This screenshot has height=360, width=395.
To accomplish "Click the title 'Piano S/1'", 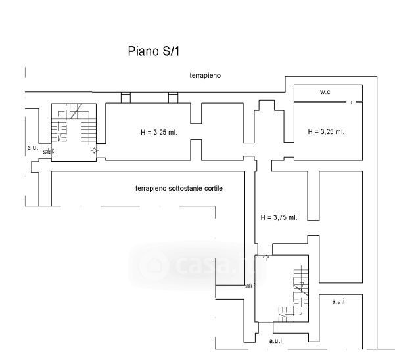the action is pyautogui.click(x=152, y=51).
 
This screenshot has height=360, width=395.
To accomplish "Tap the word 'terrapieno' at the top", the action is pyautogui.click(x=205, y=76).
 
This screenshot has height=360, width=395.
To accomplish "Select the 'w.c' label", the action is pyautogui.click(x=325, y=93).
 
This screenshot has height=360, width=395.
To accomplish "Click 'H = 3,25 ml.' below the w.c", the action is pyautogui.click(x=326, y=131).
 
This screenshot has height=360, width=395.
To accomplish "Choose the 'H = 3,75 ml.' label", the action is pyautogui.click(x=279, y=217).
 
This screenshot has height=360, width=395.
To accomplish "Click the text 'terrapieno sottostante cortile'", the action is pyautogui.click(x=179, y=188).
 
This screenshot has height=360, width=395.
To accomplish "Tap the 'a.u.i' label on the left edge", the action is pyautogui.click(x=33, y=148).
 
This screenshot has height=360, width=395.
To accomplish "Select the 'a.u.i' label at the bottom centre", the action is pyautogui.click(x=276, y=342).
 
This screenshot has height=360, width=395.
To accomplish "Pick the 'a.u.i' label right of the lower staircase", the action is pyautogui.click(x=338, y=301).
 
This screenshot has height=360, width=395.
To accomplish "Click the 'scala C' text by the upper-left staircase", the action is pyautogui.click(x=48, y=152).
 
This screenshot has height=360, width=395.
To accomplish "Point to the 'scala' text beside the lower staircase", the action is pyautogui.click(x=250, y=286).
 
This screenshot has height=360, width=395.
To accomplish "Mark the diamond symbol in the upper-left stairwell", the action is pyautogui.click(x=95, y=151).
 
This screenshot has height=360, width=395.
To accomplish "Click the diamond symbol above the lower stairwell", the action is pyautogui.click(x=265, y=256).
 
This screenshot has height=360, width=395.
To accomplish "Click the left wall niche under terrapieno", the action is pyautogui.click(x=126, y=98).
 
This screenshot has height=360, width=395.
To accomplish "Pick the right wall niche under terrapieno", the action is pyautogui.click(x=174, y=98).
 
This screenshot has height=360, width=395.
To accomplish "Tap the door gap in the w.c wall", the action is pyautogui.click(x=356, y=102).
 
